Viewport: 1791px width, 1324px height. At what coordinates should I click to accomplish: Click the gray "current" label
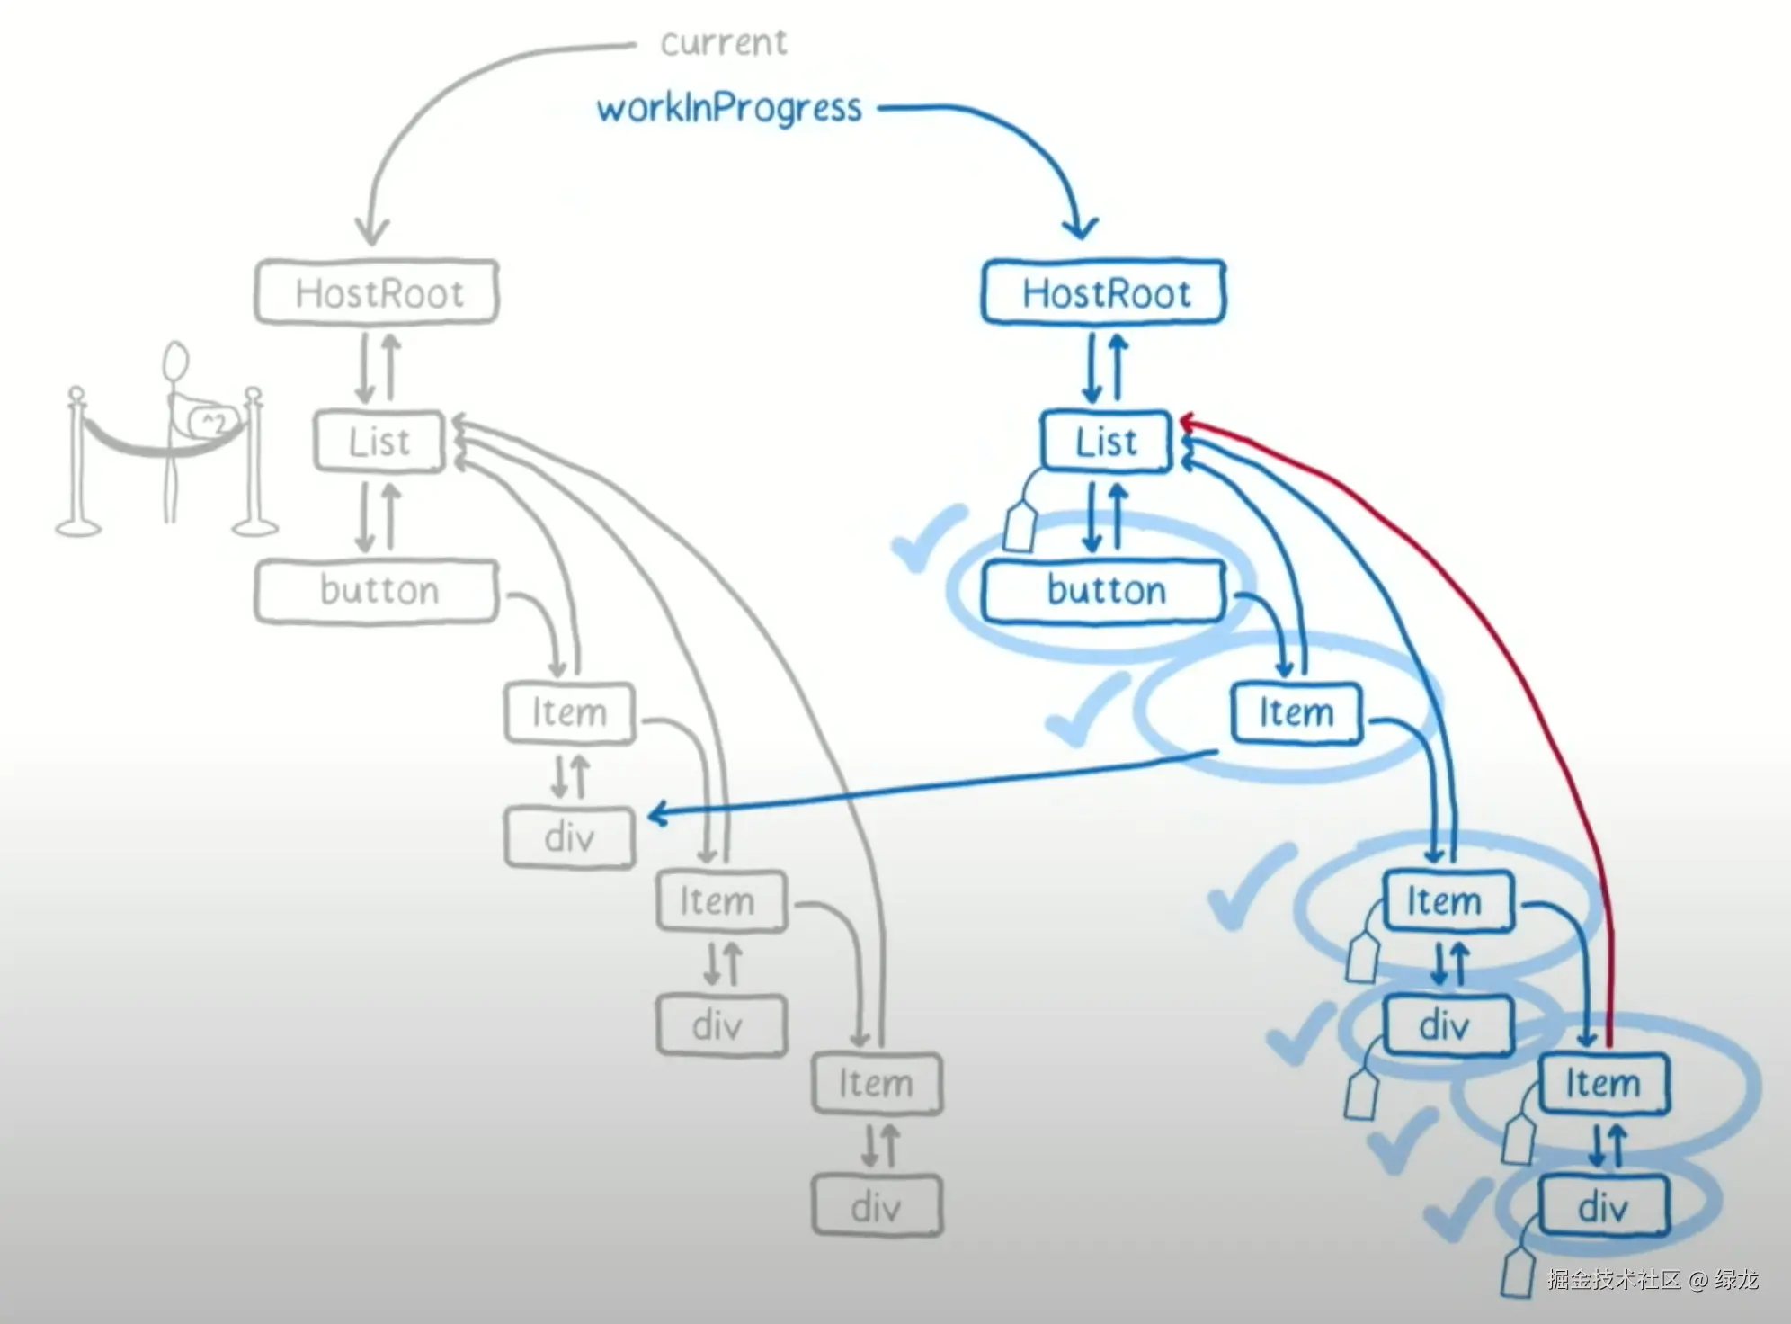tap(723, 42)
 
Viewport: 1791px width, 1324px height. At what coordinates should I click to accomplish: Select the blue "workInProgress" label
tap(729, 109)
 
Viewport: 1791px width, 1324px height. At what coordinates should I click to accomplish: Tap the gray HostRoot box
tap(377, 292)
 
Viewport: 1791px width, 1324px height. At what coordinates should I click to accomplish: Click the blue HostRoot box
tap(1104, 292)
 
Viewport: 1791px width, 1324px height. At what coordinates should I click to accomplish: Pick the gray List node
tap(379, 442)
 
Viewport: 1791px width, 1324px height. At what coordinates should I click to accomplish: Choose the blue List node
tap(1106, 442)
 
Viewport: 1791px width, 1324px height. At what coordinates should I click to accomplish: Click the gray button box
tap(377, 591)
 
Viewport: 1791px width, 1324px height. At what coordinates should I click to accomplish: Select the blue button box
tap(1104, 591)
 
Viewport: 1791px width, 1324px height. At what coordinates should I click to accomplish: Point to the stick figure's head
tap(175, 362)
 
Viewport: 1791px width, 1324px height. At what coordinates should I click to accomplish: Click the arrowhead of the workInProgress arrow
tap(1079, 227)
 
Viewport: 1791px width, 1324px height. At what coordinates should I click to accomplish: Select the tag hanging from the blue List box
tap(1020, 526)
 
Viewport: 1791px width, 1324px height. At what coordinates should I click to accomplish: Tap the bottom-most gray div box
tap(877, 1206)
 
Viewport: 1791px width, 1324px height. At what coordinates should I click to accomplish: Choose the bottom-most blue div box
tap(1604, 1206)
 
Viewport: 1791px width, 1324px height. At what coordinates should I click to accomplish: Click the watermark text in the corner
tap(1653, 1279)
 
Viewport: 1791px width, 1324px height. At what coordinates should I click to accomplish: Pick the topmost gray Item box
tap(569, 713)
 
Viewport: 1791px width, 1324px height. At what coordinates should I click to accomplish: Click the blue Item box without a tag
tap(1296, 713)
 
